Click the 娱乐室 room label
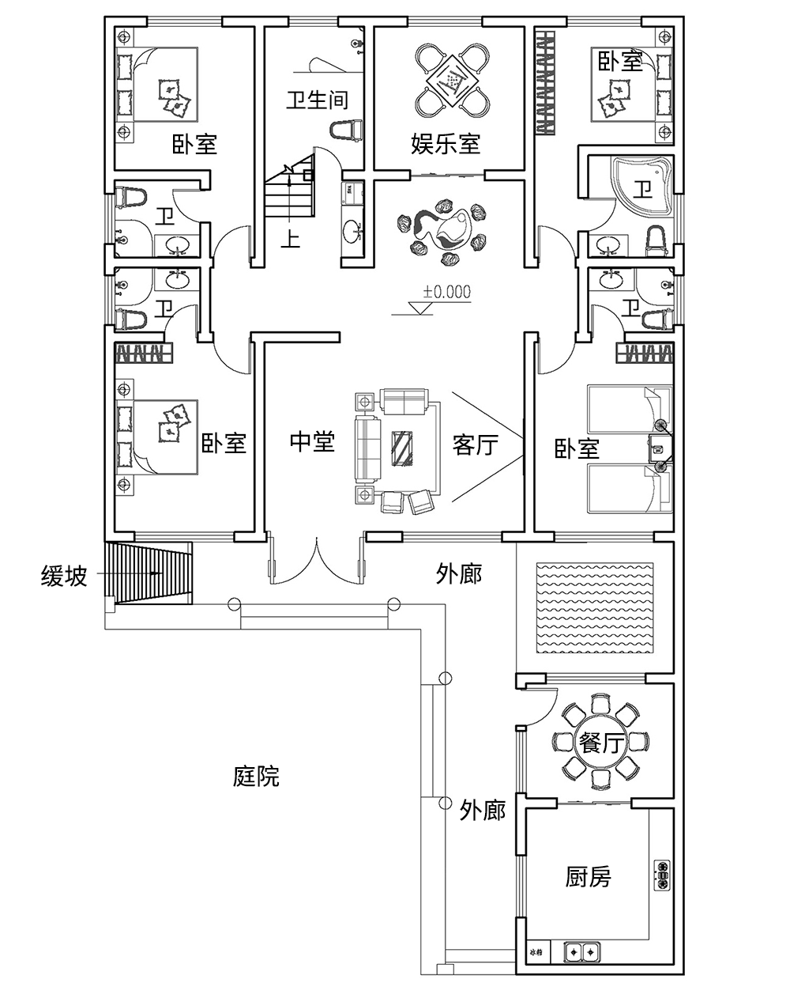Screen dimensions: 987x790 tap(446, 144)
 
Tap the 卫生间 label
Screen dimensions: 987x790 tap(316, 100)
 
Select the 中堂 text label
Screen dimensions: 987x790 tap(312, 442)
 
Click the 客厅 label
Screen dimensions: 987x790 tap(475, 444)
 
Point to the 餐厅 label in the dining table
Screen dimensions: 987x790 tap(602, 743)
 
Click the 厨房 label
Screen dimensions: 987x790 tap(588, 876)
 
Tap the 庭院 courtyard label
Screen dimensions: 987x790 tap(256, 776)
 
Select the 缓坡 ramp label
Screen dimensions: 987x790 tap(64, 577)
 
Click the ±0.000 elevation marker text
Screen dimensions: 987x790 tap(446, 292)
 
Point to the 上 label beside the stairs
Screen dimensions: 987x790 tap(292, 238)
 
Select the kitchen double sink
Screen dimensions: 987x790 tap(581, 952)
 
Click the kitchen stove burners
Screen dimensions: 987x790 tap(662, 875)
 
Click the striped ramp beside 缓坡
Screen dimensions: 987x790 tap(150, 573)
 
